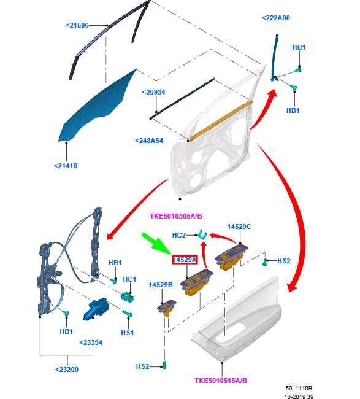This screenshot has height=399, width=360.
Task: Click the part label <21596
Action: click(x=77, y=25)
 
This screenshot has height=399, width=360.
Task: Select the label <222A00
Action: click(x=276, y=18)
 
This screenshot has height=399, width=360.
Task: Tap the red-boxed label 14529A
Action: click(x=185, y=260)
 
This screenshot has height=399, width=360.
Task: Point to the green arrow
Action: click(x=156, y=244)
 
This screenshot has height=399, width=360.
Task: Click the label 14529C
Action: click(x=239, y=227)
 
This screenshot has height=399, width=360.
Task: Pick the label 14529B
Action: click(x=161, y=285)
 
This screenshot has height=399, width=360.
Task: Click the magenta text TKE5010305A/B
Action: click(x=176, y=216)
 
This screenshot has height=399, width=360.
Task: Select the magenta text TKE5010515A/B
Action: click(x=221, y=381)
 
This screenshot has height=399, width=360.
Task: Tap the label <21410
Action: click(x=66, y=166)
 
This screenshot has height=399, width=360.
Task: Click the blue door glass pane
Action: click(x=99, y=107)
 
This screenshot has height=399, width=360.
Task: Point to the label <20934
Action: click(x=153, y=92)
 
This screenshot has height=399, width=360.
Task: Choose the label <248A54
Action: click(x=149, y=141)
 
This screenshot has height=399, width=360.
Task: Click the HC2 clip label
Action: click(x=179, y=235)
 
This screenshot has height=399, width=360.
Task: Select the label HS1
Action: click(x=127, y=333)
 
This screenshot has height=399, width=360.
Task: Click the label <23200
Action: click(x=67, y=370)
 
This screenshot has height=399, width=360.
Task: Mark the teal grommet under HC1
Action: click(x=128, y=297)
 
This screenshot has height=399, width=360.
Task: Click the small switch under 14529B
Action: click(x=167, y=308)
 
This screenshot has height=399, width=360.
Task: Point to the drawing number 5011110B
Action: click(x=299, y=389)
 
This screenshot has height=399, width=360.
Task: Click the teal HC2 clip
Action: click(x=202, y=234)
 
